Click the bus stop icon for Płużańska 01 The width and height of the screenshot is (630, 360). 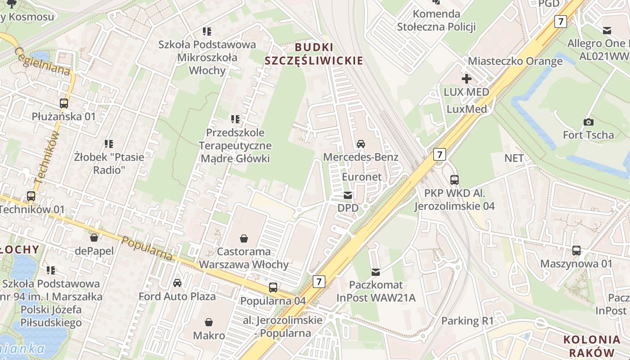(x=64, y=103)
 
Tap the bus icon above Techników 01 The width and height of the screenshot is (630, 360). (x=31, y=196)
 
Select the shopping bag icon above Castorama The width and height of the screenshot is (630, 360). (x=244, y=238)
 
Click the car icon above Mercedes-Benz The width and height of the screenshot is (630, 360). (x=361, y=144)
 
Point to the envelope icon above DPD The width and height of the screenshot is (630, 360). (x=348, y=195)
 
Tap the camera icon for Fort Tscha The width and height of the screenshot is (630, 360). (x=588, y=122)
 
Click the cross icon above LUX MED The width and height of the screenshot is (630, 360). (x=467, y=79)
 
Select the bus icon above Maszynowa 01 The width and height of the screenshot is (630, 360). (x=576, y=251)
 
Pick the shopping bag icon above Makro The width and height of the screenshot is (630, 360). (x=209, y=322)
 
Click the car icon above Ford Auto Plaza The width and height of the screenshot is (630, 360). (x=177, y=283)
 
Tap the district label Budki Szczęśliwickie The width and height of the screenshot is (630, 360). (x=314, y=54)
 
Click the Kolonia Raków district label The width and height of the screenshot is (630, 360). (x=589, y=346)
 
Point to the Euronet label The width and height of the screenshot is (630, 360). (x=362, y=177)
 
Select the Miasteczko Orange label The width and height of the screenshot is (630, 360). (x=515, y=61)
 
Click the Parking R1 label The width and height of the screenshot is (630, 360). (x=468, y=321)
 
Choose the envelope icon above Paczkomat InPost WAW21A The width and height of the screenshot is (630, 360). (x=376, y=272)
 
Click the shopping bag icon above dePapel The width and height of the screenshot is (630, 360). (x=94, y=237)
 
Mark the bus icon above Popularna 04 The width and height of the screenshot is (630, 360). (x=273, y=288)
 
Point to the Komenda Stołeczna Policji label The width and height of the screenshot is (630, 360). (x=436, y=20)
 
